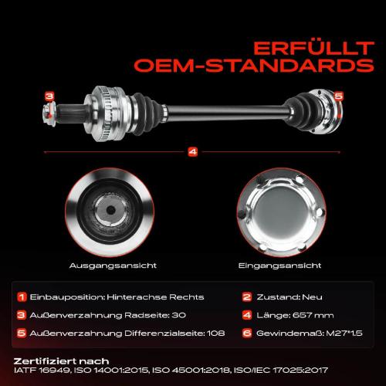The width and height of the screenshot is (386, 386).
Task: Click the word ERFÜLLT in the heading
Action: click(x=313, y=48)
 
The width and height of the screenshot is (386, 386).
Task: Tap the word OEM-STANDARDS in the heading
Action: click(x=254, y=66)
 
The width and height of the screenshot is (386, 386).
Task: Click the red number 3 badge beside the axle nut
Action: click(x=49, y=96)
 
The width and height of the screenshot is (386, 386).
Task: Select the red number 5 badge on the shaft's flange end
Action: click(x=339, y=96)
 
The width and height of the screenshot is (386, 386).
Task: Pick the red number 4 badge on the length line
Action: click(x=193, y=152)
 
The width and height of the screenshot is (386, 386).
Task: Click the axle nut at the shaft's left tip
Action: click(x=49, y=113)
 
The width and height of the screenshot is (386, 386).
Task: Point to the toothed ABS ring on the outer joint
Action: click(x=106, y=113)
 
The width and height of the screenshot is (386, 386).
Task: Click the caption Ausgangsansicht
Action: click(x=113, y=266)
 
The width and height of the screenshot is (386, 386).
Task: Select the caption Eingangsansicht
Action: click(x=279, y=266)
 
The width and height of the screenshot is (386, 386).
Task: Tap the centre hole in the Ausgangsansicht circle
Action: click(x=111, y=210)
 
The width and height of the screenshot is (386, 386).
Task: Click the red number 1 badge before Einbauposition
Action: click(x=22, y=297)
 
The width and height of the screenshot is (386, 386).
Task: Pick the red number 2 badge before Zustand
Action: click(x=247, y=297)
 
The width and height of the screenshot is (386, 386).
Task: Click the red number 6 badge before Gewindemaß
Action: click(x=247, y=334)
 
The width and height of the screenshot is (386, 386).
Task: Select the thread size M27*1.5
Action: click(x=344, y=334)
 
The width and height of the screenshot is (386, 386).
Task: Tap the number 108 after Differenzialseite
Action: click(x=216, y=334)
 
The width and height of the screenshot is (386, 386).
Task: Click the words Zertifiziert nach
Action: click(x=61, y=361)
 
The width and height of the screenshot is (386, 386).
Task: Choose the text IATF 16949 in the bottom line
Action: click(x=42, y=371)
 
